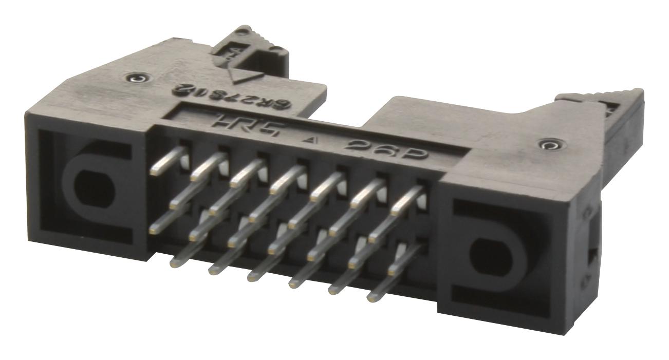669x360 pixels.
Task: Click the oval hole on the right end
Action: (x=486, y=256)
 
